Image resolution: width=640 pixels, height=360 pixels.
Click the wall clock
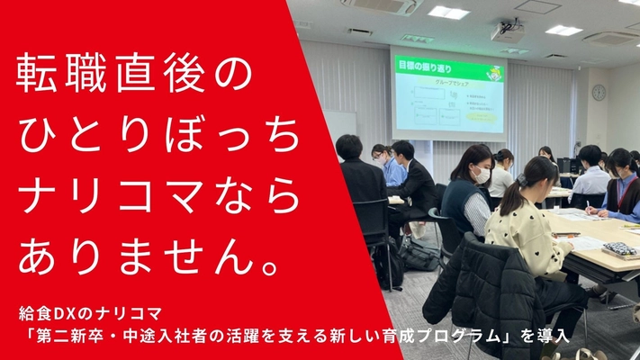pyautogui.click(x=599, y=92)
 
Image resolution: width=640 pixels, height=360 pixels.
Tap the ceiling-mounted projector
pyautogui.click(x=508, y=33)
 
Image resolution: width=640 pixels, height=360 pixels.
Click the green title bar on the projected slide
pyautogui.click(x=447, y=65)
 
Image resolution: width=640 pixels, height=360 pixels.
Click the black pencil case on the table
pyautogui.click(x=620, y=248)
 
